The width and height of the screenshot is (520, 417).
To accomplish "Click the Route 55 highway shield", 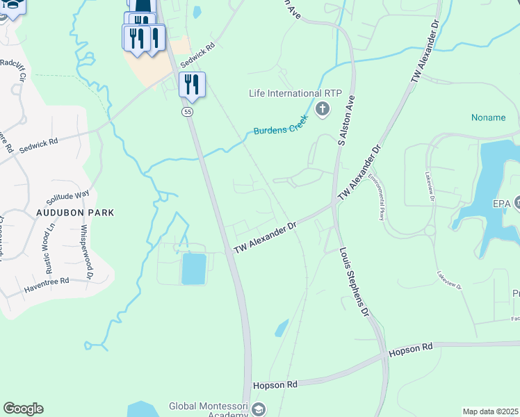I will coord(188,111).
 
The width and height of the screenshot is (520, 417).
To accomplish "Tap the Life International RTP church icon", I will coord(323,109).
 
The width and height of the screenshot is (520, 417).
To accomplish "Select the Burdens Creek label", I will coord(280,126).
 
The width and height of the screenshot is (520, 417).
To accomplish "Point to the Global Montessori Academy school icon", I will coord(259,409).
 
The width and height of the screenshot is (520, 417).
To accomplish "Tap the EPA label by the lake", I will coord(501,203).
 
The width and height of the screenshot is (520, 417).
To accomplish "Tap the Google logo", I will coord(23,408).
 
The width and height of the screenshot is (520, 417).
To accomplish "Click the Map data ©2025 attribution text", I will coord(491,411).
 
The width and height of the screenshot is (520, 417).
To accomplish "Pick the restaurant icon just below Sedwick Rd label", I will coord(191,85).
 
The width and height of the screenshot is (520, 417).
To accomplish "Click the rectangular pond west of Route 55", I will coord(194,268).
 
